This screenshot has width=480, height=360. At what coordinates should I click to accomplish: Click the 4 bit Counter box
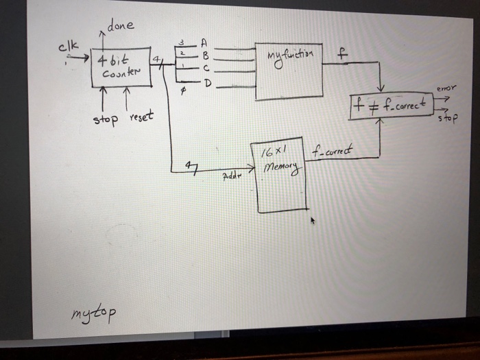point(121,67)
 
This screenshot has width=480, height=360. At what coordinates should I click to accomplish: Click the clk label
point(67,47)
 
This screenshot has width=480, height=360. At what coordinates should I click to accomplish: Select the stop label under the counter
point(106,120)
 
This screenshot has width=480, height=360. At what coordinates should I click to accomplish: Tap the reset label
point(140,117)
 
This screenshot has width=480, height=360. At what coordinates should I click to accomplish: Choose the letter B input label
point(204,54)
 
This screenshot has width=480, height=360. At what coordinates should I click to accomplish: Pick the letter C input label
point(204,69)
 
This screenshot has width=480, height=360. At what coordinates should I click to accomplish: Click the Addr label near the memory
point(231,176)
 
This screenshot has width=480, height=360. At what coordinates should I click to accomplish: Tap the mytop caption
point(94,313)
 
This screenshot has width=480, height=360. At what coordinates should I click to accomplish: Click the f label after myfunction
point(341,51)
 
